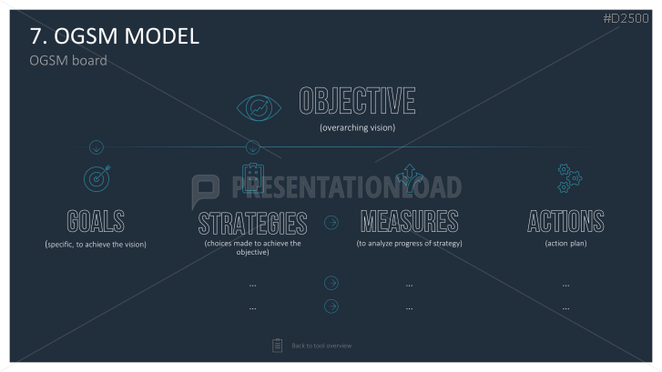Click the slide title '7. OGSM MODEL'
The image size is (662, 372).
tap(115, 36)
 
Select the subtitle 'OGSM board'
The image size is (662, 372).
tap(68, 61)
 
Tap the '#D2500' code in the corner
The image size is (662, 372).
tap(626, 18)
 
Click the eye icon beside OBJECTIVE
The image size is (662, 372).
tap(259, 108)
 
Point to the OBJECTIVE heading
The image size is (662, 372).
tap(357, 101)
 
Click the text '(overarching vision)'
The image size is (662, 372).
tap(358, 127)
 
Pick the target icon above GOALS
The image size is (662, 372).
tap(97, 178)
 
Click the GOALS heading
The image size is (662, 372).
tap(96, 221)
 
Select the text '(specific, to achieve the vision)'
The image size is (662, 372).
tap(96, 244)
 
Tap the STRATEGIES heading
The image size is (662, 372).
tap(252, 224)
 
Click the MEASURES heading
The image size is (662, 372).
tap(409, 221)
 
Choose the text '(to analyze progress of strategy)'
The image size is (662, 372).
tap(409, 244)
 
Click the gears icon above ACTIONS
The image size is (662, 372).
tap(569, 178)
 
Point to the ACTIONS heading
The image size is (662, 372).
tap(565, 221)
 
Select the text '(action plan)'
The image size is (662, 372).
tap(565, 244)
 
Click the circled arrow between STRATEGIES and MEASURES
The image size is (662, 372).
tap(331, 222)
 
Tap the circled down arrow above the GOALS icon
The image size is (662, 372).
tap(97, 147)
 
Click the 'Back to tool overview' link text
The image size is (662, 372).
tap(321, 346)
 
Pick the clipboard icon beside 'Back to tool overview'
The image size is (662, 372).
tap(278, 346)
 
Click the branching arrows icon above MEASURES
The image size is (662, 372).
tap(410, 177)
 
